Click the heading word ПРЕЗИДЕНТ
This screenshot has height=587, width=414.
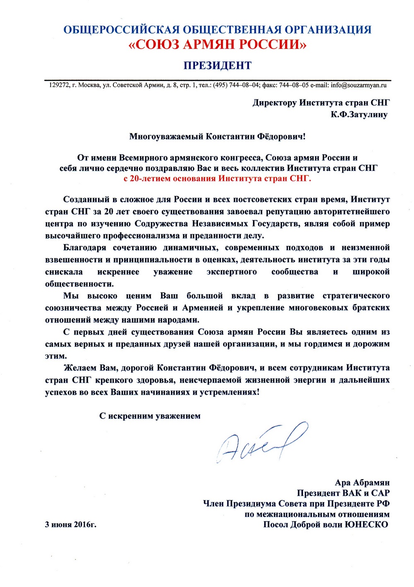click(x=217, y=65)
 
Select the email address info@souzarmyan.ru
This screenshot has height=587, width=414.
click(x=359, y=85)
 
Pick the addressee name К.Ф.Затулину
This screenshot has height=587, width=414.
click(x=359, y=114)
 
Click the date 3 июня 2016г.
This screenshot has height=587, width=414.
click(x=71, y=524)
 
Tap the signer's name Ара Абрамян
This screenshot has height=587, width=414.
click(x=362, y=483)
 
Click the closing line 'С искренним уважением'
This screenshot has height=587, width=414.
click(x=150, y=416)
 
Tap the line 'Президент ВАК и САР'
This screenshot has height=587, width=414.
click(x=343, y=493)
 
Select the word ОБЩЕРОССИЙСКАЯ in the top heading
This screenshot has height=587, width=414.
click(x=121, y=30)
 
